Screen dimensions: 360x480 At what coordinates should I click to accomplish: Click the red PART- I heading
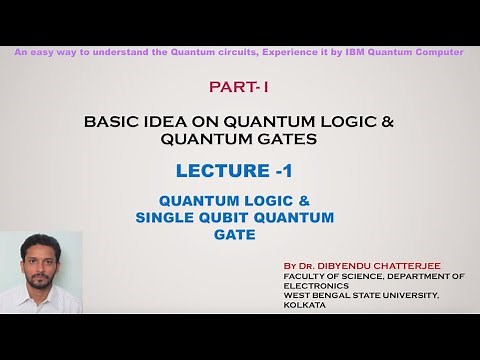click(x=239, y=88)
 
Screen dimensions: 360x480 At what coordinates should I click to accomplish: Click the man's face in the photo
click(x=40, y=264)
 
